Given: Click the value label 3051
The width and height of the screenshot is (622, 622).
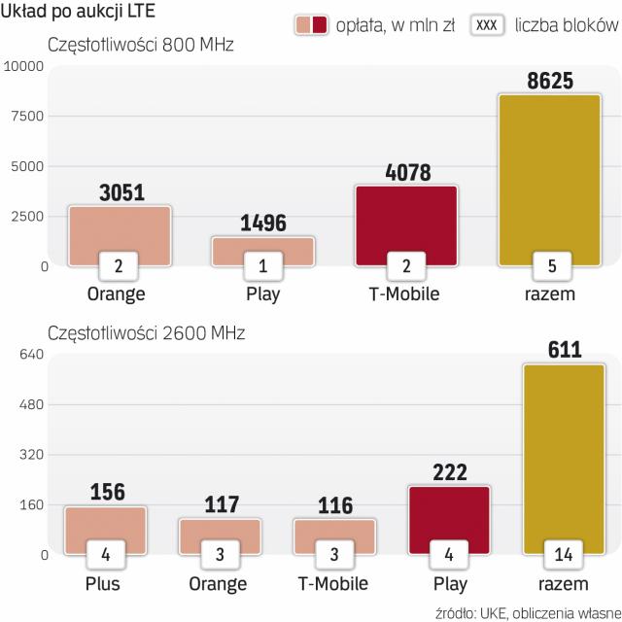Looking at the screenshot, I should pyautogui.click(x=121, y=192).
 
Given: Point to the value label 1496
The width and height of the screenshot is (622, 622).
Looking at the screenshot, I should pyautogui.click(x=262, y=224).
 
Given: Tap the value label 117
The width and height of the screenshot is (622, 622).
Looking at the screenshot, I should pyautogui.click(x=221, y=505).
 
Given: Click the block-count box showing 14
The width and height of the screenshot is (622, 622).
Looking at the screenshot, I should pyautogui.click(x=563, y=556).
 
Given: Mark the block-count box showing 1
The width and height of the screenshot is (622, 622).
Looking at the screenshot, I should pyautogui.click(x=262, y=265).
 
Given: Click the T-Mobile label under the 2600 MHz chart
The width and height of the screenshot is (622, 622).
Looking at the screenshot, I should pyautogui.click(x=333, y=584).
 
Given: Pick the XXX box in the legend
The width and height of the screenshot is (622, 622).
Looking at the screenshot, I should pyautogui.click(x=490, y=23).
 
